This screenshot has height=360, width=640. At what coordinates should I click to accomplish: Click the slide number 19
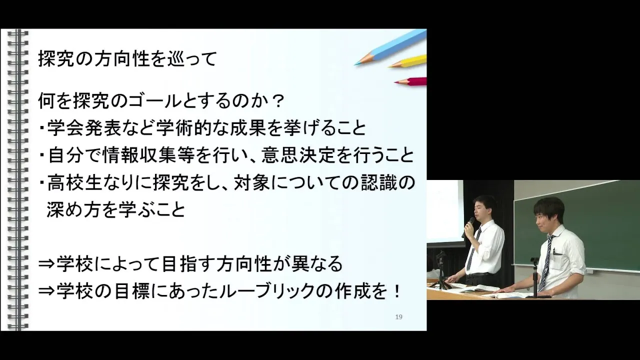(x=399, y=317)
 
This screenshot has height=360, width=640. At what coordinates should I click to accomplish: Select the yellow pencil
(x=407, y=61)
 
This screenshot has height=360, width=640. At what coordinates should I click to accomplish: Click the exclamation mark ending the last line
(x=396, y=291)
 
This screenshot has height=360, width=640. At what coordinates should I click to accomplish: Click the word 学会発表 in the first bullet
(x=83, y=128)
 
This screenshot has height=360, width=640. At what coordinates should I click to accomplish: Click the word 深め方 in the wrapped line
(x=73, y=210)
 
